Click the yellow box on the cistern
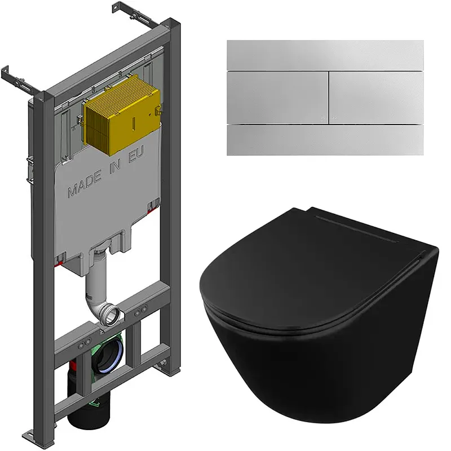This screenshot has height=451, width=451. point(122,117)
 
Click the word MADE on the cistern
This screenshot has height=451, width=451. point(85,184)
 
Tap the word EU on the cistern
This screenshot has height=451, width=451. point(136,154)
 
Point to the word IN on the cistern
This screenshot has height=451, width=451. point(114,166)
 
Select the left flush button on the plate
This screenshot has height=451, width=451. point(277,98)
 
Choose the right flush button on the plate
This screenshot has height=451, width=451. point(377,98)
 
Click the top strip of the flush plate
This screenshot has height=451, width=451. point(325,55)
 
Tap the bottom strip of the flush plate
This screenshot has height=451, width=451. point(325,140)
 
